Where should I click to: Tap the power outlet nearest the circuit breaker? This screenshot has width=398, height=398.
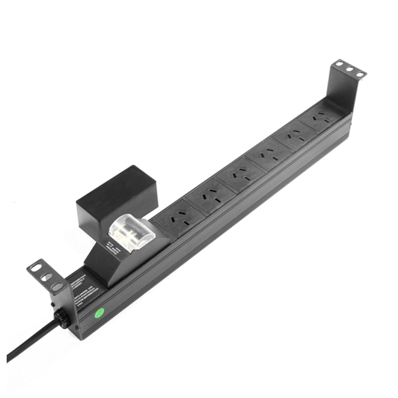pyautogui.click(x=177, y=218)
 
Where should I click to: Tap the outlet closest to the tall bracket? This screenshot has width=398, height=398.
pyautogui.click(x=321, y=117)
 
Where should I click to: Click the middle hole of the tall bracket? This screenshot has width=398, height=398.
pyautogui.click(x=349, y=68)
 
